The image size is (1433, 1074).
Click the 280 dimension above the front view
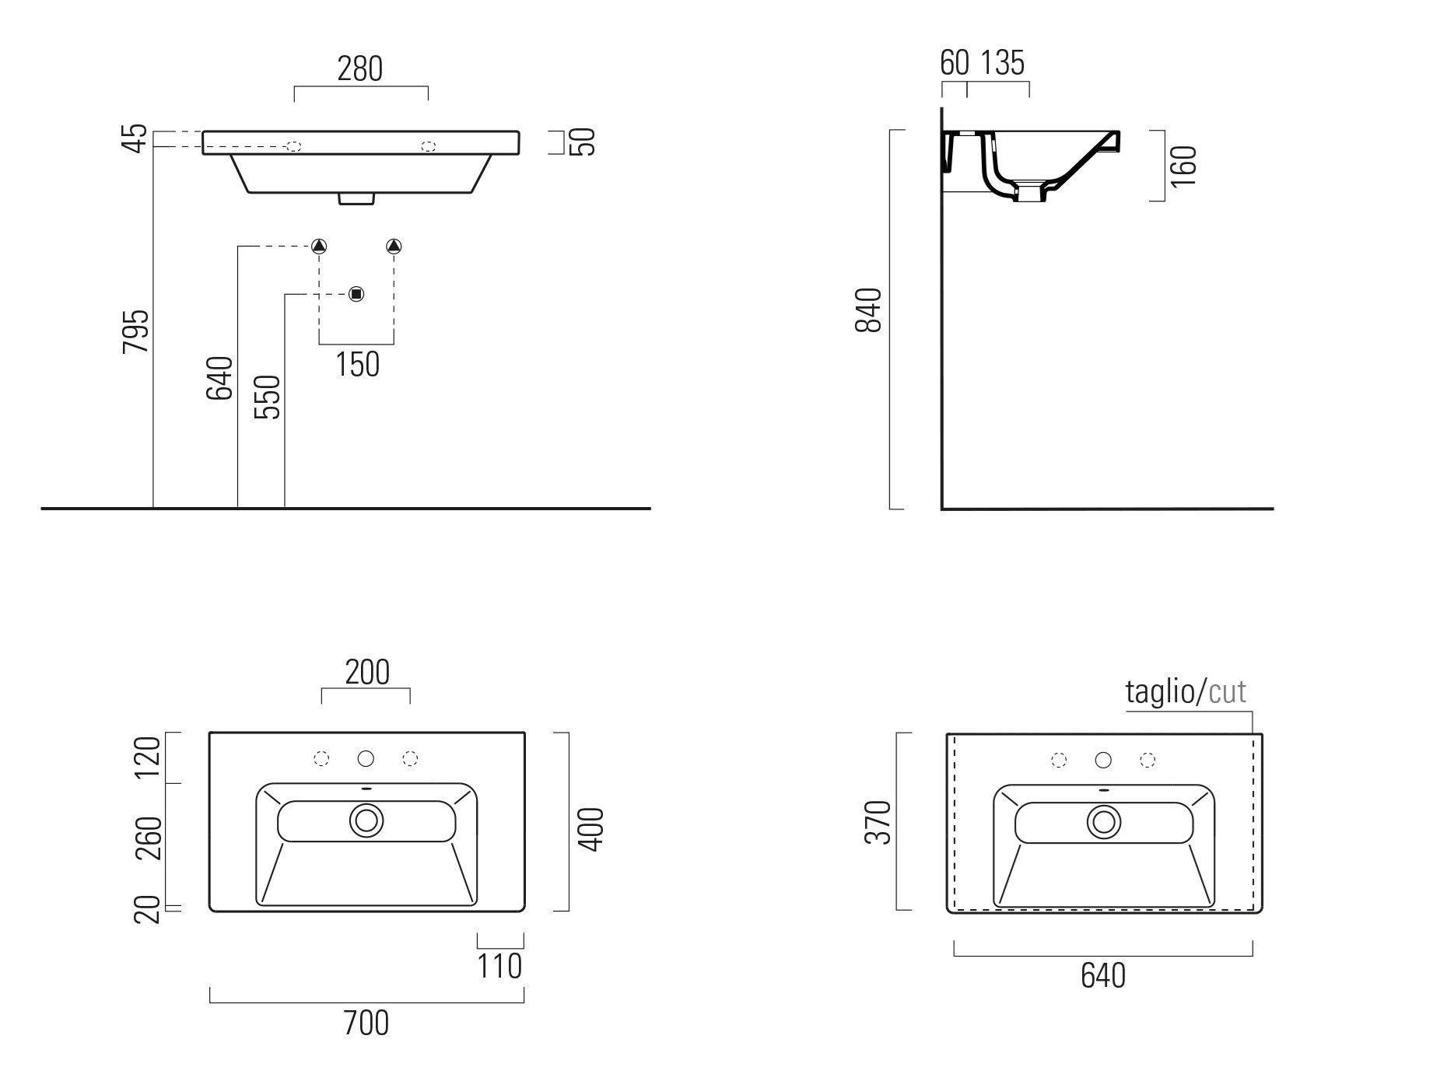pyautogui.click(x=360, y=69)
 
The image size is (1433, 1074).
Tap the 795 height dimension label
pyautogui.click(x=136, y=331)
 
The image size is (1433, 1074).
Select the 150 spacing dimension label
pyautogui.click(x=357, y=364)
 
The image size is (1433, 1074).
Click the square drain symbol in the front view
pyautogui.click(x=356, y=294)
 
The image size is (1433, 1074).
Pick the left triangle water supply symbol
pyautogui.click(x=319, y=247)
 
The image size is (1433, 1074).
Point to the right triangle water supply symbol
pyautogui.click(x=394, y=247)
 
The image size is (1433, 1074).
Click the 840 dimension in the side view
pyautogui.click(x=869, y=310)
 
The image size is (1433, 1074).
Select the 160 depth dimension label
pyautogui.click(x=1182, y=166)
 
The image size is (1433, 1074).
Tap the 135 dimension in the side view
pyautogui.click(x=1002, y=63)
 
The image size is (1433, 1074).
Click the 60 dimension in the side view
pyautogui.click(x=955, y=63)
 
